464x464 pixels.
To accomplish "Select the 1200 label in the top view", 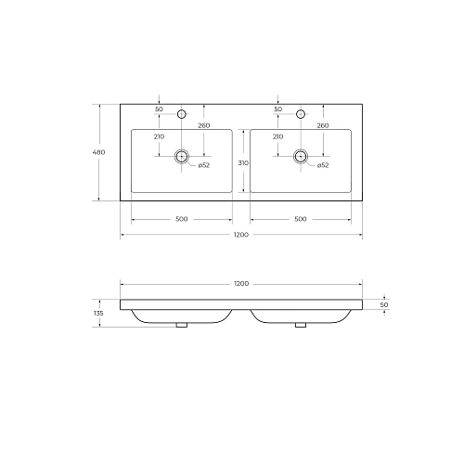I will click(x=240, y=236).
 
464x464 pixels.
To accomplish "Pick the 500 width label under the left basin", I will click(x=181, y=219).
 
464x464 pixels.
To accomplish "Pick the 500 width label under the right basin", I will click(x=301, y=219).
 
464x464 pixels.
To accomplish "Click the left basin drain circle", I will click(x=182, y=156).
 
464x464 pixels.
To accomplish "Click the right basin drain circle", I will click(x=301, y=156).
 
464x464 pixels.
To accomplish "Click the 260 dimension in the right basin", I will click(x=323, y=125).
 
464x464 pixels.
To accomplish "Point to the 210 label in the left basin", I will click(x=159, y=137).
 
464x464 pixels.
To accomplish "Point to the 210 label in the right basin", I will click(x=277, y=137).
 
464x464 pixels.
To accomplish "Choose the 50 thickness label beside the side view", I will click(x=384, y=304).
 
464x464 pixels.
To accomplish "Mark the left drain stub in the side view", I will click(x=182, y=326).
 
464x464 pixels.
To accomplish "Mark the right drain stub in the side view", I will click(x=301, y=326).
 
